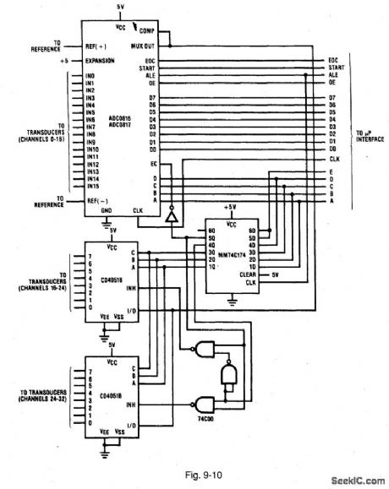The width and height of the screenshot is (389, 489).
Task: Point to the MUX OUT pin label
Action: (x=142, y=46)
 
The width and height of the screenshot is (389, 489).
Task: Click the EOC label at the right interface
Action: (x=332, y=60)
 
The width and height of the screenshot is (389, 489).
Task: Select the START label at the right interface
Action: (x=335, y=67)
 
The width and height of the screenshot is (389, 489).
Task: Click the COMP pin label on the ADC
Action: (x=147, y=30)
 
